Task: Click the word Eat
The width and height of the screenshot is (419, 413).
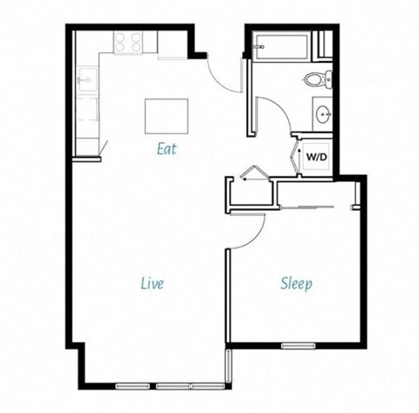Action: point(166,148)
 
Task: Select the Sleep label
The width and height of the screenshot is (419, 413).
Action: point(297,284)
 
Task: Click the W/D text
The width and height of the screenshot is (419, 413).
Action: point(315,158)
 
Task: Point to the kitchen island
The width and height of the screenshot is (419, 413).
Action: point(166,115)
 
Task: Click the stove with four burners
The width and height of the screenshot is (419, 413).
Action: point(128,41)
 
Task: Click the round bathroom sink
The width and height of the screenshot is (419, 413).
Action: point(322,112)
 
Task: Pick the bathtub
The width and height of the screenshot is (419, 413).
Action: point(280,44)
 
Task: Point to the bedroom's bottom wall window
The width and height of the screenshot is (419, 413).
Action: point(298,346)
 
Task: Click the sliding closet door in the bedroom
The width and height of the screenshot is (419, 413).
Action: point(313,207)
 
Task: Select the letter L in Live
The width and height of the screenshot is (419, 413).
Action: point(143,283)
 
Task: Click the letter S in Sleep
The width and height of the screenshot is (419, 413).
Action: point(285,284)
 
